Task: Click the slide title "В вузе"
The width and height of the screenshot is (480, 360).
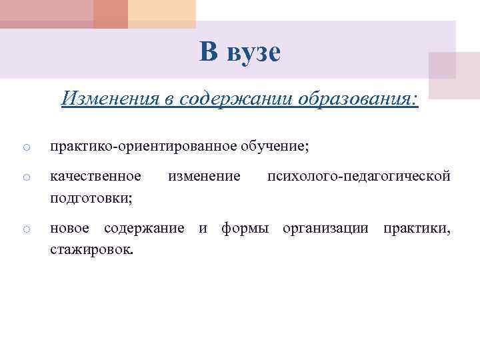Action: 239,51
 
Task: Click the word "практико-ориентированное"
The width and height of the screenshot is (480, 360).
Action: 133,145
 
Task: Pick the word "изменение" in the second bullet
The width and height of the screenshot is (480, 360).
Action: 204,176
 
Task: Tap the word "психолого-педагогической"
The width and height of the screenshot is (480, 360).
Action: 359,176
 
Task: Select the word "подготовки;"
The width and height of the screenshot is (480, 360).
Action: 91,198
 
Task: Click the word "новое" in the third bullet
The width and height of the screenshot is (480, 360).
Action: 70,229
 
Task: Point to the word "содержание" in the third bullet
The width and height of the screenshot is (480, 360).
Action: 144,229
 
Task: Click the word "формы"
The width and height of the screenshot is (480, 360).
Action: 245,229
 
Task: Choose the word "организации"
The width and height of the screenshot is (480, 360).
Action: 325,229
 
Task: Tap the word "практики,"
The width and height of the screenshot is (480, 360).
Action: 416,229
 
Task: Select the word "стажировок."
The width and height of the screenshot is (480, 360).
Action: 92,251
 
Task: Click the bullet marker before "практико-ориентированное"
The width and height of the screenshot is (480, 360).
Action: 24,147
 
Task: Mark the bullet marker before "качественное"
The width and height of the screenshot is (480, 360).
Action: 24,177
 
